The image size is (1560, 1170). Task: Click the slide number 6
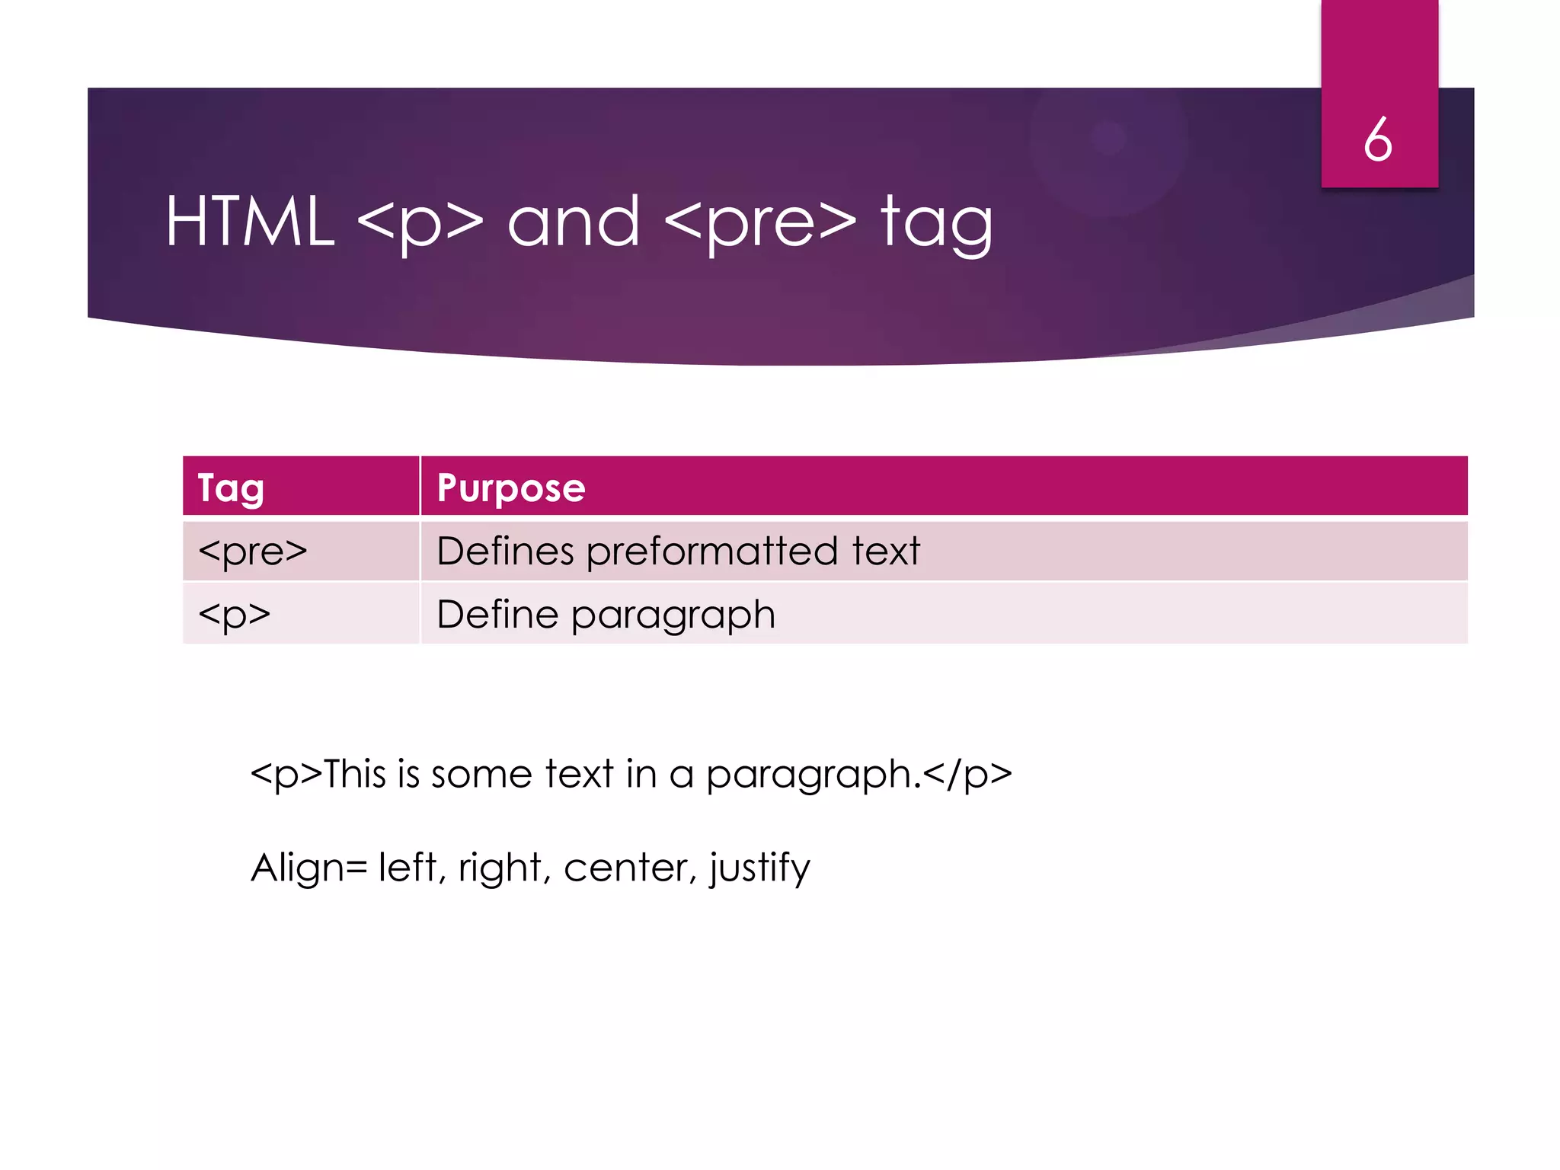[1378, 140]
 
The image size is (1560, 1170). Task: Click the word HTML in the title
[250, 222]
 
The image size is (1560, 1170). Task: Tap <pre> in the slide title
[760, 222]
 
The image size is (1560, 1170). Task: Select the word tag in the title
[937, 222]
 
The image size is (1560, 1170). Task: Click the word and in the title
[574, 222]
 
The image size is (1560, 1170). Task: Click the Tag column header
[231, 487]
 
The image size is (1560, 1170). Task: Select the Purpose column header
[511, 487]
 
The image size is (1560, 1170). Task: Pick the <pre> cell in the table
[252, 551]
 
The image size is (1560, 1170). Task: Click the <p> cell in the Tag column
[234, 614]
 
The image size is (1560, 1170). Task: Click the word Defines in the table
[505, 551]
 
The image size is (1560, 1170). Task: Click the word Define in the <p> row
[497, 614]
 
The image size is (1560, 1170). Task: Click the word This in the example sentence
[355, 774]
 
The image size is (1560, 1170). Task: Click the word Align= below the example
[309, 868]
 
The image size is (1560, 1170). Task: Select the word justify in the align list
[759, 868]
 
